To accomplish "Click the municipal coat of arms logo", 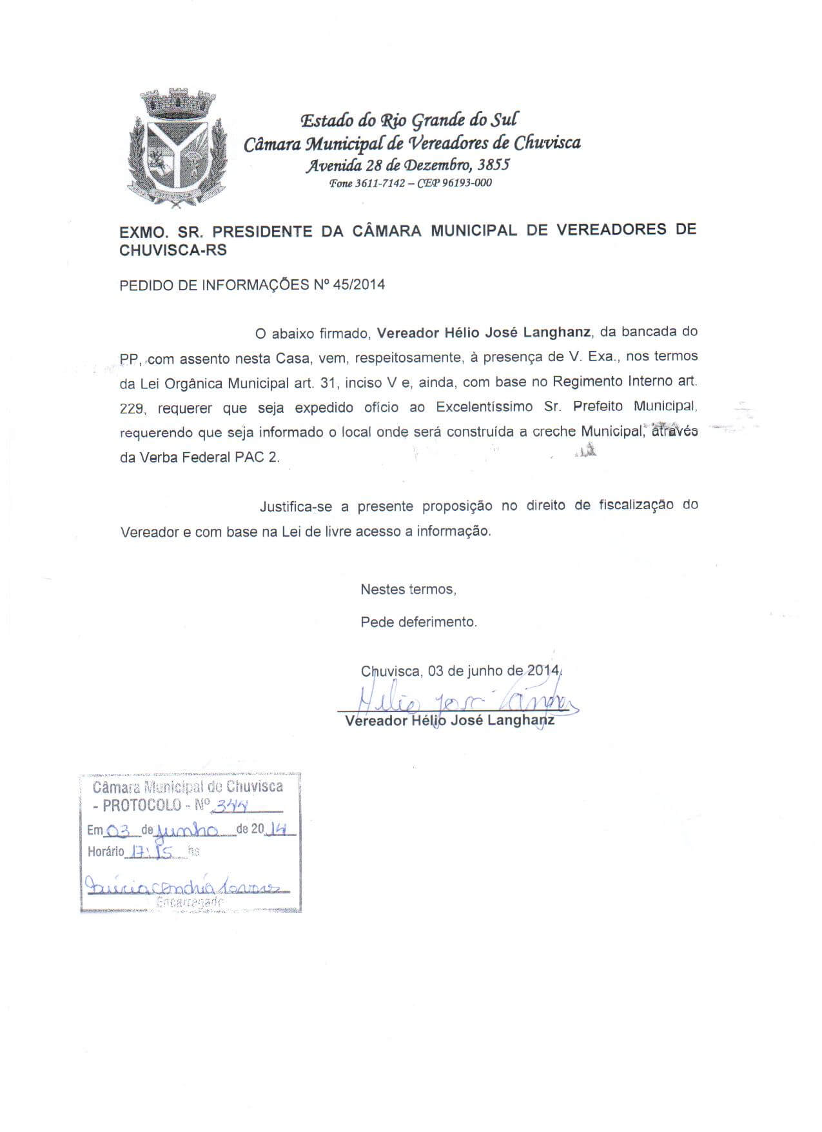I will click(176, 149).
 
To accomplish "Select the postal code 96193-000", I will click(467, 183).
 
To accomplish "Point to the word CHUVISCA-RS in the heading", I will click(173, 250).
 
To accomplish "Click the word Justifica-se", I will click(296, 506).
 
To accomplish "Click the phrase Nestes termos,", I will click(408, 589).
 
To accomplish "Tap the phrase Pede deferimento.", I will click(418, 622).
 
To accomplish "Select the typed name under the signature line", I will click(449, 720).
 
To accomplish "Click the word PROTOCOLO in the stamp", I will click(142, 806).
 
